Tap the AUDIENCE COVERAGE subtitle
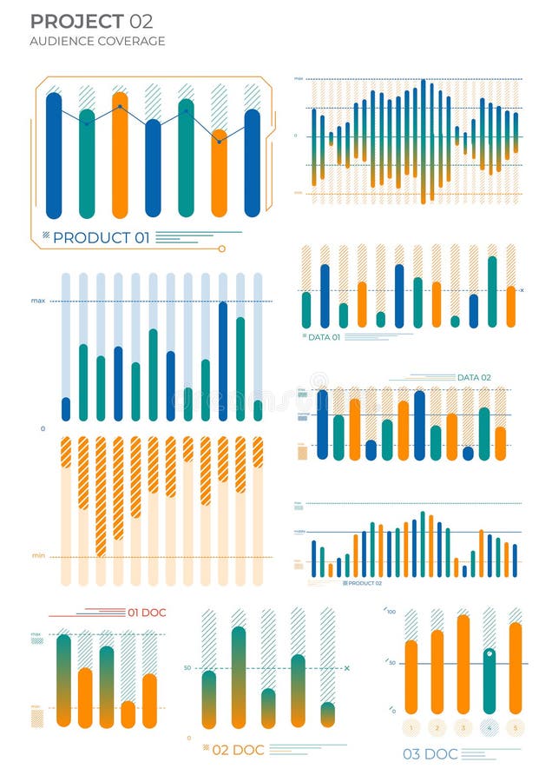97,41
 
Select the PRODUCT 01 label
101,237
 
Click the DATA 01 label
324,336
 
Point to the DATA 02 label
474,377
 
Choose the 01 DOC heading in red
147,613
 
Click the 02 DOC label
238,749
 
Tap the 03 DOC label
430,753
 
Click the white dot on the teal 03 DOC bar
490,653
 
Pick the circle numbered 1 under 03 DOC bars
411,728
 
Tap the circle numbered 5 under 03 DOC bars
516,728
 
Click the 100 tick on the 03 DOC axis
391,613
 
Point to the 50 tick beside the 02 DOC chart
187,668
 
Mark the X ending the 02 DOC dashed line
346,668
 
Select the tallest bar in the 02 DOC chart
239,677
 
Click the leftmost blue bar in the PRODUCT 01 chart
54,156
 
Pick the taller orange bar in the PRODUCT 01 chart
120,156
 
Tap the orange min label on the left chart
38,555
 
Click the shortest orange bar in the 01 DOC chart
128,713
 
